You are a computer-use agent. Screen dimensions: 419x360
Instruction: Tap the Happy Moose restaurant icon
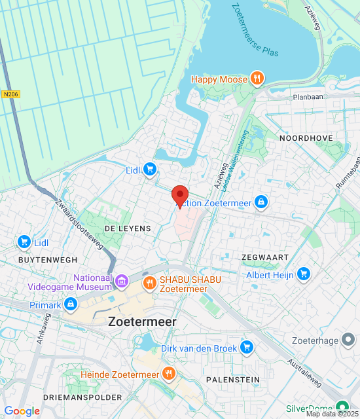click(258, 79)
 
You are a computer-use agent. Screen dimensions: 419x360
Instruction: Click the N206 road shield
click(10, 94)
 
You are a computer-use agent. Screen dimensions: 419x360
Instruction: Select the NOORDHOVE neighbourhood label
click(306, 138)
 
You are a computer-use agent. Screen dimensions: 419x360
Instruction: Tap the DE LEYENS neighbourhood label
click(128, 228)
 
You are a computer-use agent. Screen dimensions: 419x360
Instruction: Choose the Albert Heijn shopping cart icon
click(302, 274)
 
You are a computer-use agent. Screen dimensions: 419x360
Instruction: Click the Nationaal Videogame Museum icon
click(121, 282)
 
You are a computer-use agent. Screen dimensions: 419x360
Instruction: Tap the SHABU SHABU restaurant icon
click(149, 283)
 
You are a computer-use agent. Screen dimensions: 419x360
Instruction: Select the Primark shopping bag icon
click(71, 304)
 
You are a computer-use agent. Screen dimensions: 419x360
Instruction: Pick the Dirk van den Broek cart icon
click(246, 347)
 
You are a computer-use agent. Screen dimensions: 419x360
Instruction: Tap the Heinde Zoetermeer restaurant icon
click(169, 374)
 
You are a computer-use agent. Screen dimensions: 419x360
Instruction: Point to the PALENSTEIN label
click(232, 380)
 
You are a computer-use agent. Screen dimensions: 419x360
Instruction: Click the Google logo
click(22, 411)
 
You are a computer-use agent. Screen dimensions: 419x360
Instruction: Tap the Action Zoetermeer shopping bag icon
click(261, 202)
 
